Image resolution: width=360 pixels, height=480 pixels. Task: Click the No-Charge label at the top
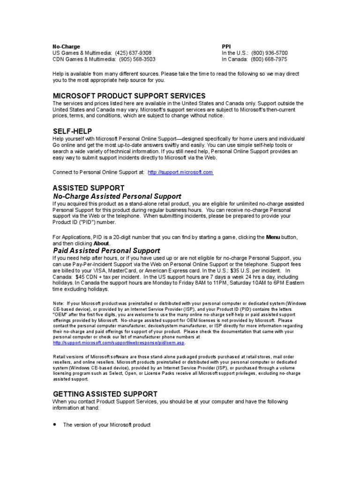coord(66,47)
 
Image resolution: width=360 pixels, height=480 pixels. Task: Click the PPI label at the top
coord(226,47)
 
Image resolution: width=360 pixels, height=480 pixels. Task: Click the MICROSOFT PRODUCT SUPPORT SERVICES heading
coord(129,96)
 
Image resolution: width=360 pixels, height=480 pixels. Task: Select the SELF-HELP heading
coord(72,131)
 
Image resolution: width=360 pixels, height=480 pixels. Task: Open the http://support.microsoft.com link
coord(180,172)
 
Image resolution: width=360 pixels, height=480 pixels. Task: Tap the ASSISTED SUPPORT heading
coord(88,188)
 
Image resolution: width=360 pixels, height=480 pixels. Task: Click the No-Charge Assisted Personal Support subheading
coord(117,196)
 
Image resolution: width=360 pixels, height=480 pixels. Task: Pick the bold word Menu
coord(273,237)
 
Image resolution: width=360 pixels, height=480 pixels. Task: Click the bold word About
coord(102,244)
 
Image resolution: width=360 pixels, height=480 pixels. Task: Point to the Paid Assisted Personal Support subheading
coord(106,251)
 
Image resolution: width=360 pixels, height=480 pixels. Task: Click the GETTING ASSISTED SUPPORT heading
coord(105,394)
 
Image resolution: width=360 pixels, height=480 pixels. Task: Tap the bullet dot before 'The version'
coord(54,424)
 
